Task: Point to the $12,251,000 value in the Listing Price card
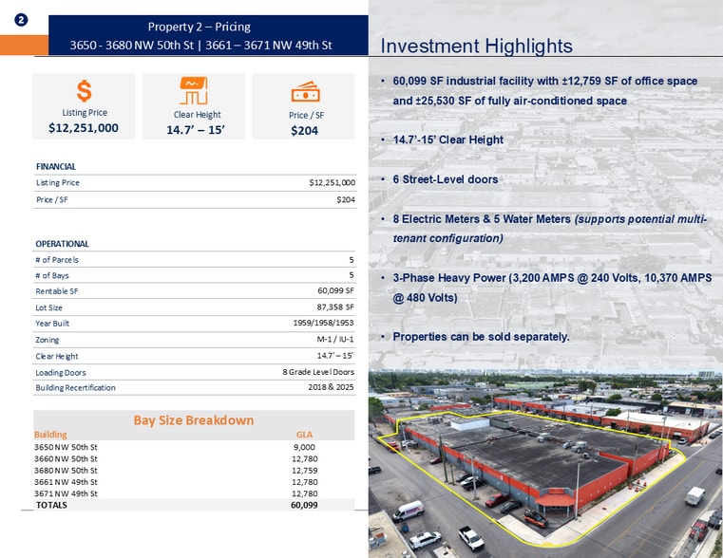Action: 84,127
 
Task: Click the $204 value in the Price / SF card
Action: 304,131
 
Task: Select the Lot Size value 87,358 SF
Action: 335,307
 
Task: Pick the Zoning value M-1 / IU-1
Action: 335,340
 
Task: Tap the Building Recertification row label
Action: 75,388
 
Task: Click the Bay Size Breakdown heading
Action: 193,419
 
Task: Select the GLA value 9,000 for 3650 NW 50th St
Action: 304,446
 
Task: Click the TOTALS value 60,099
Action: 304,506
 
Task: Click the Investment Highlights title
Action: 476,46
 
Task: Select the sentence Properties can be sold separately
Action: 481,337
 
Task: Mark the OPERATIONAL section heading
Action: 62,244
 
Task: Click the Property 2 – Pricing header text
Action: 200,27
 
